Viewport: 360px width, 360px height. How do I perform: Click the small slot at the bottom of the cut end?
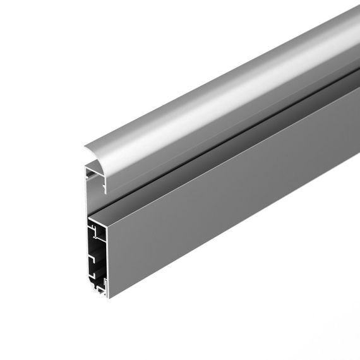[100, 289]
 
